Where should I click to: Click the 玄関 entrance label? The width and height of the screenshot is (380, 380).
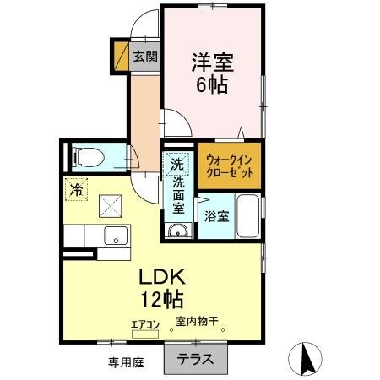coord(145,57)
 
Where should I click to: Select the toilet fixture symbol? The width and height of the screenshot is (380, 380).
coord(88,156)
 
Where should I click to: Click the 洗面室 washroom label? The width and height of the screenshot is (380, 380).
coord(179,195)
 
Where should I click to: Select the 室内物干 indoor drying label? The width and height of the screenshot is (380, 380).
coord(197,321)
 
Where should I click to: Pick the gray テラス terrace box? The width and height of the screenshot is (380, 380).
coord(195,358)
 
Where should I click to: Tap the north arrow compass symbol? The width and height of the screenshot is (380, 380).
coord(307,359)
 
